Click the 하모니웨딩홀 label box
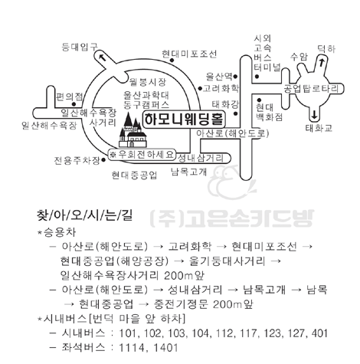click(184, 120)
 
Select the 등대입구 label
click(80, 47)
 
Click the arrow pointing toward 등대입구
click(103, 57)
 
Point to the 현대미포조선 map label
click(189, 54)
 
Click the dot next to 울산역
click(235, 76)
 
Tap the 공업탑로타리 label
click(311, 89)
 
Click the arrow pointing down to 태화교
click(314, 115)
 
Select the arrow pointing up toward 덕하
click(322, 62)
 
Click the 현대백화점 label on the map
click(270, 112)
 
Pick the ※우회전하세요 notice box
click(142, 155)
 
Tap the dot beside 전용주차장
click(103, 160)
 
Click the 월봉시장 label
click(148, 82)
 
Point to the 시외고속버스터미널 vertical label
click(267, 53)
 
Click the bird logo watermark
click(231, 182)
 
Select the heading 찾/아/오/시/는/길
click(85, 215)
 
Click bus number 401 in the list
click(319, 333)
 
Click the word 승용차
click(60, 232)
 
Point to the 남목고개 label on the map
click(189, 172)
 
